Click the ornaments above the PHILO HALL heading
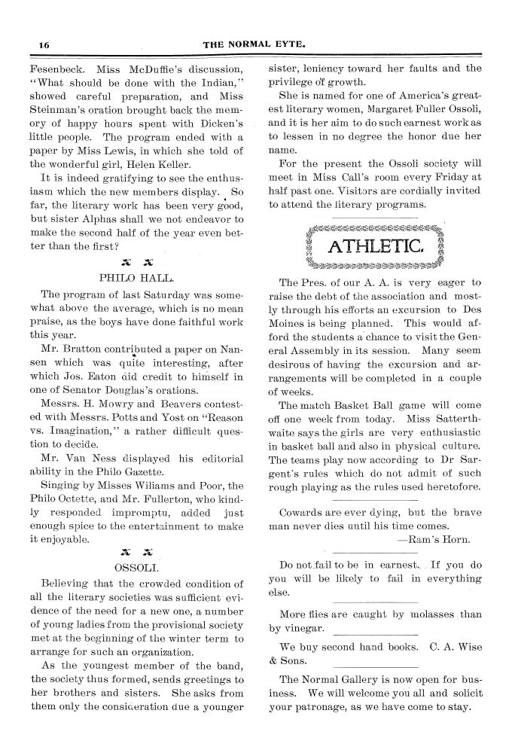pyautogui.click(x=136, y=261)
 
